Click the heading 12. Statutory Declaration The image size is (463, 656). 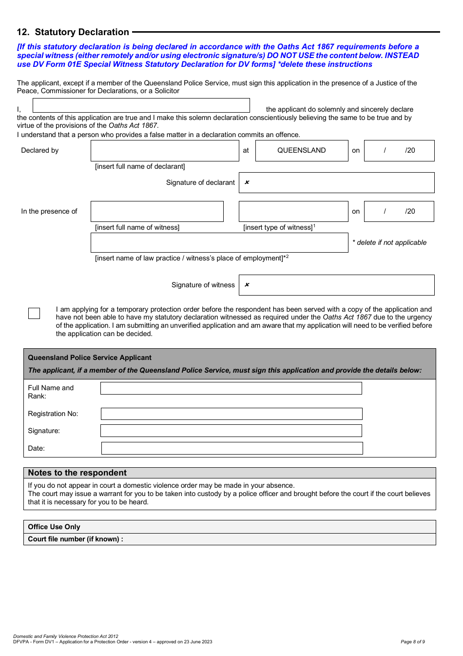point(73,32)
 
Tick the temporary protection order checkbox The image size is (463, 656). point(34,313)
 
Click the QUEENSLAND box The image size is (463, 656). point(302,151)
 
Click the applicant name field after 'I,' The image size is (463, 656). point(141,105)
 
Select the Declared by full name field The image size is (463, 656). point(165,151)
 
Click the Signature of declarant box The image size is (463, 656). point(336,182)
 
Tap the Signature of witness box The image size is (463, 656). point(336,285)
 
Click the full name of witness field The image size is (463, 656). point(157,211)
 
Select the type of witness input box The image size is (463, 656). point(293,211)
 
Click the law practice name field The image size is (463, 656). point(219,242)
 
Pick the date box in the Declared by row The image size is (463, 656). point(399,151)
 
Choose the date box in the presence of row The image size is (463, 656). point(399,211)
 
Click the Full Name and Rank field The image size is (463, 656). point(231,388)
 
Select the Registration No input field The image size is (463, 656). point(231,414)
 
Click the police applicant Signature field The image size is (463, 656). point(231,431)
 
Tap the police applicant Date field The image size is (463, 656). point(232,448)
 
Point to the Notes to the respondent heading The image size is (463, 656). point(77,473)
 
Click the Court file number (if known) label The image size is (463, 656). point(76,539)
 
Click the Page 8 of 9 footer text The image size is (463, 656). point(412,642)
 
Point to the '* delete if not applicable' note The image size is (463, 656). point(389,242)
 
